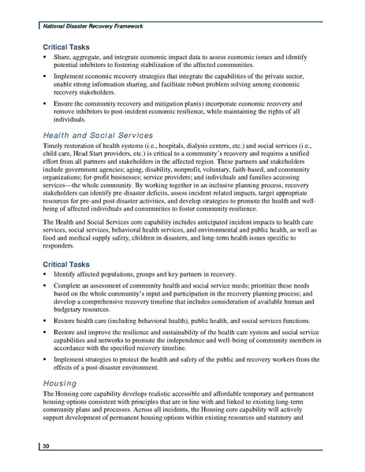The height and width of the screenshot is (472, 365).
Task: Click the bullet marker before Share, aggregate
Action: coord(45,59)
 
